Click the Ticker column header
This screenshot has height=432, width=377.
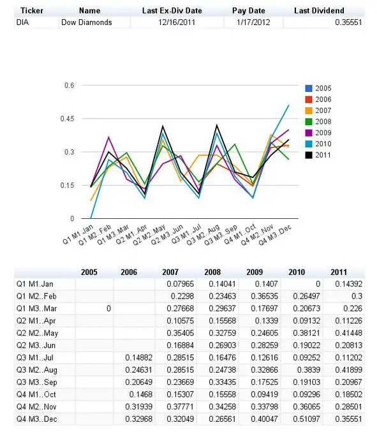(32, 11)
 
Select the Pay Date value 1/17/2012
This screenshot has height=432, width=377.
(253, 22)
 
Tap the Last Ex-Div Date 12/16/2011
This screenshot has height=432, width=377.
(177, 22)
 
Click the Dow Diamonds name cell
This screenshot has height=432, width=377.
(87, 22)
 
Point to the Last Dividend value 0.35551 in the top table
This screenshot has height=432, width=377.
(348, 22)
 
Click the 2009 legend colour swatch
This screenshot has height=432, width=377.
(309, 133)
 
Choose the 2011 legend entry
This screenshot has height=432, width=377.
(318, 155)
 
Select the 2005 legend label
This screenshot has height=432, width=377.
(323, 89)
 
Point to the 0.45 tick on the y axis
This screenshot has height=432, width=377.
(67, 119)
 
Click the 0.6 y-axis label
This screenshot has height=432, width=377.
(70, 86)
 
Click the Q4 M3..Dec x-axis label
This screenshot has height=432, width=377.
(274, 235)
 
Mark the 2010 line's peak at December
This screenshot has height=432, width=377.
(288, 105)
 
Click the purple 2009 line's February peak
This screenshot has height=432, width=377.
(109, 137)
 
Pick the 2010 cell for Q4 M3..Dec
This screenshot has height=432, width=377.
(306, 419)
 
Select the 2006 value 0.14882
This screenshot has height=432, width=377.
(139, 357)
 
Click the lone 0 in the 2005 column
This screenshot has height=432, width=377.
(109, 309)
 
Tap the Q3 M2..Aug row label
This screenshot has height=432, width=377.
(37, 370)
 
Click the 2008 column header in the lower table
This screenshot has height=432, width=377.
(212, 272)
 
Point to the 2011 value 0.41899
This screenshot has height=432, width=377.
(349, 369)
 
